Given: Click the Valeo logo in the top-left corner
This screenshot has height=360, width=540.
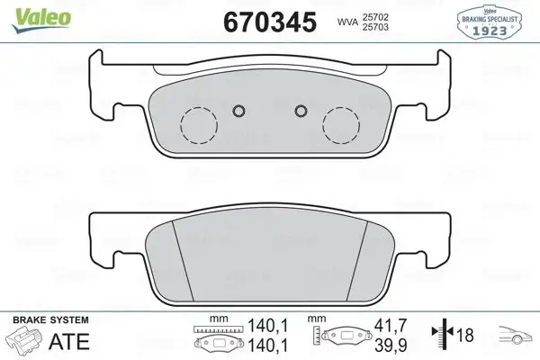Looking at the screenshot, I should [x=30, y=10].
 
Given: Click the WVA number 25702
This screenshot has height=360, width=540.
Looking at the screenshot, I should [x=390, y=16].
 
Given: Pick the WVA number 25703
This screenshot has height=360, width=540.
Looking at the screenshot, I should [x=390, y=29].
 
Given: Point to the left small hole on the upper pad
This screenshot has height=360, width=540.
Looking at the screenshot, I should [x=238, y=112].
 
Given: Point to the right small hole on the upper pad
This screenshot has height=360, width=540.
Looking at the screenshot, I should [x=301, y=112].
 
